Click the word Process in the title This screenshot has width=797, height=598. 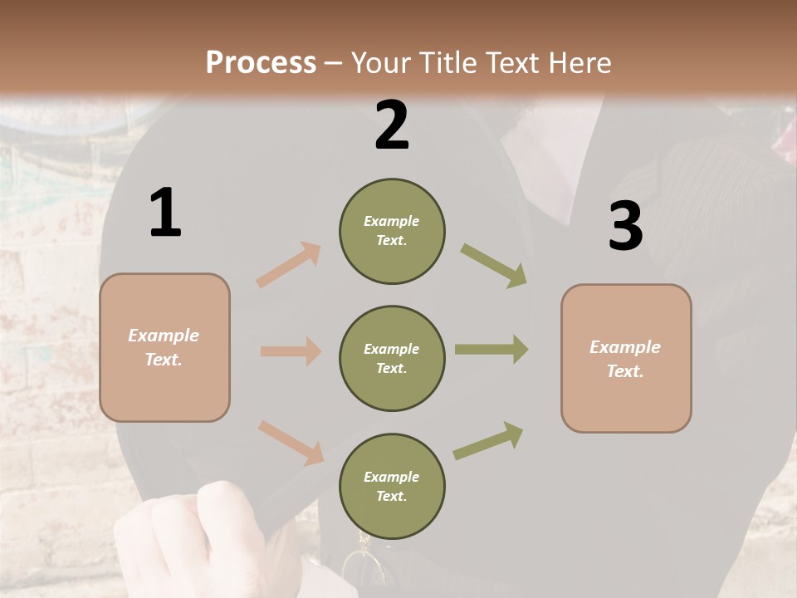[x=261, y=62]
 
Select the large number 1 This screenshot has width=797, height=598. [x=165, y=213]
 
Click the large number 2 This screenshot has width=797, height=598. [x=392, y=125]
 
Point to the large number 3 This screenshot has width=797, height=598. [x=625, y=226]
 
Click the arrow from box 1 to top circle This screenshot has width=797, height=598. [x=289, y=264]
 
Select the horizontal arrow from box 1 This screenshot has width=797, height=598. [x=291, y=351]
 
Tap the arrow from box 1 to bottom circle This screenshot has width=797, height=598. [x=291, y=443]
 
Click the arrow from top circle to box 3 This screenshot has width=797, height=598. [x=494, y=265]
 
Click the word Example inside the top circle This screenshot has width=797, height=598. [x=392, y=221]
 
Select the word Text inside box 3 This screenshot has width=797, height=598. [x=623, y=371]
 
